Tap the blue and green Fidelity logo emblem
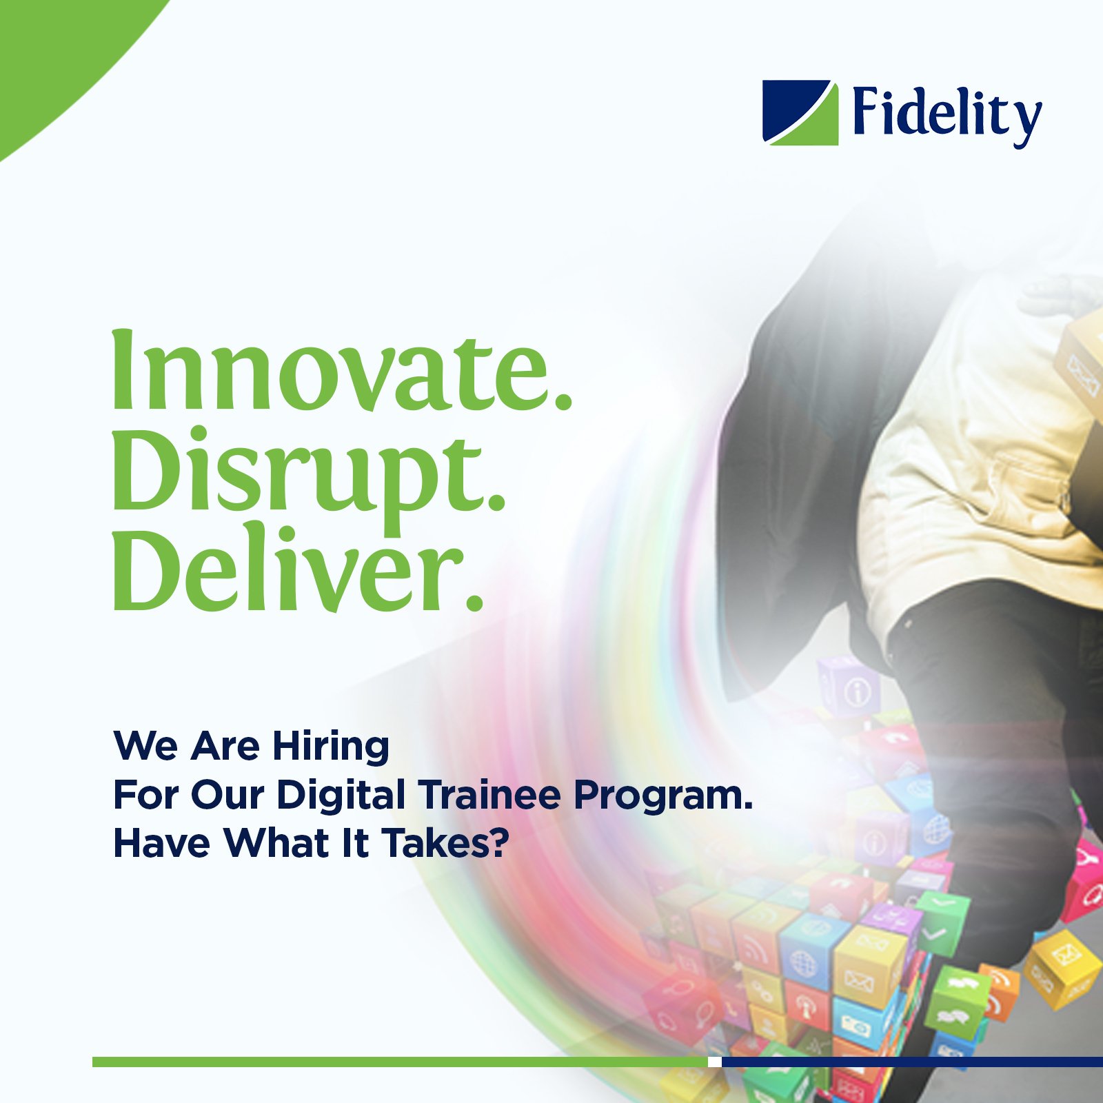[x=800, y=113]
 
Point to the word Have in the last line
[x=161, y=842]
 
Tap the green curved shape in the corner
[x=55, y=48]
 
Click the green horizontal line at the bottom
[x=400, y=1062]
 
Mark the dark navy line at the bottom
[x=912, y=1062]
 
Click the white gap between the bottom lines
[x=715, y=1062]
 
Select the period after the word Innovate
[x=563, y=401]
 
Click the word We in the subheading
[x=148, y=746]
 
